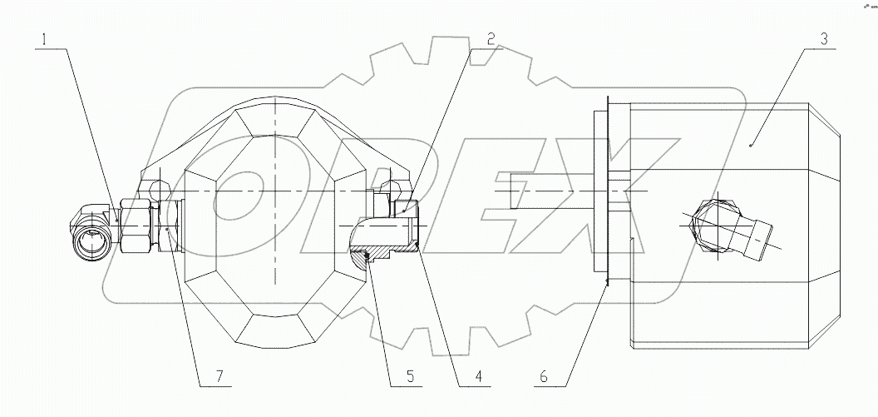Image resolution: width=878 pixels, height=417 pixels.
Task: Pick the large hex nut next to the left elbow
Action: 135,226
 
